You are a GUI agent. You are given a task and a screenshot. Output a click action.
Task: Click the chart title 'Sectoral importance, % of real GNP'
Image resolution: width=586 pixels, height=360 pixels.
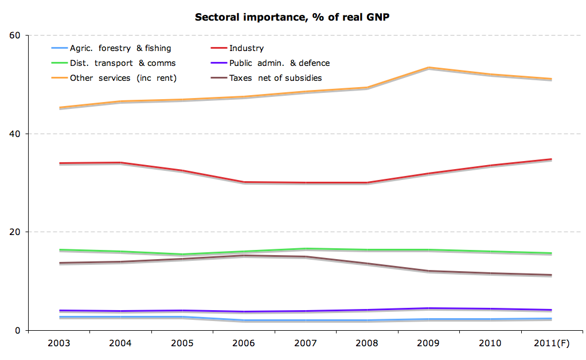[292, 17]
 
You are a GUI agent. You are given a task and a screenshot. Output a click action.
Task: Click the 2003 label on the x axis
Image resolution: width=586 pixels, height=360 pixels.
[60, 344]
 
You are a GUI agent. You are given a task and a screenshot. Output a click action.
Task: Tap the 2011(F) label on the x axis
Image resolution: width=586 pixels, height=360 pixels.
[550, 344]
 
